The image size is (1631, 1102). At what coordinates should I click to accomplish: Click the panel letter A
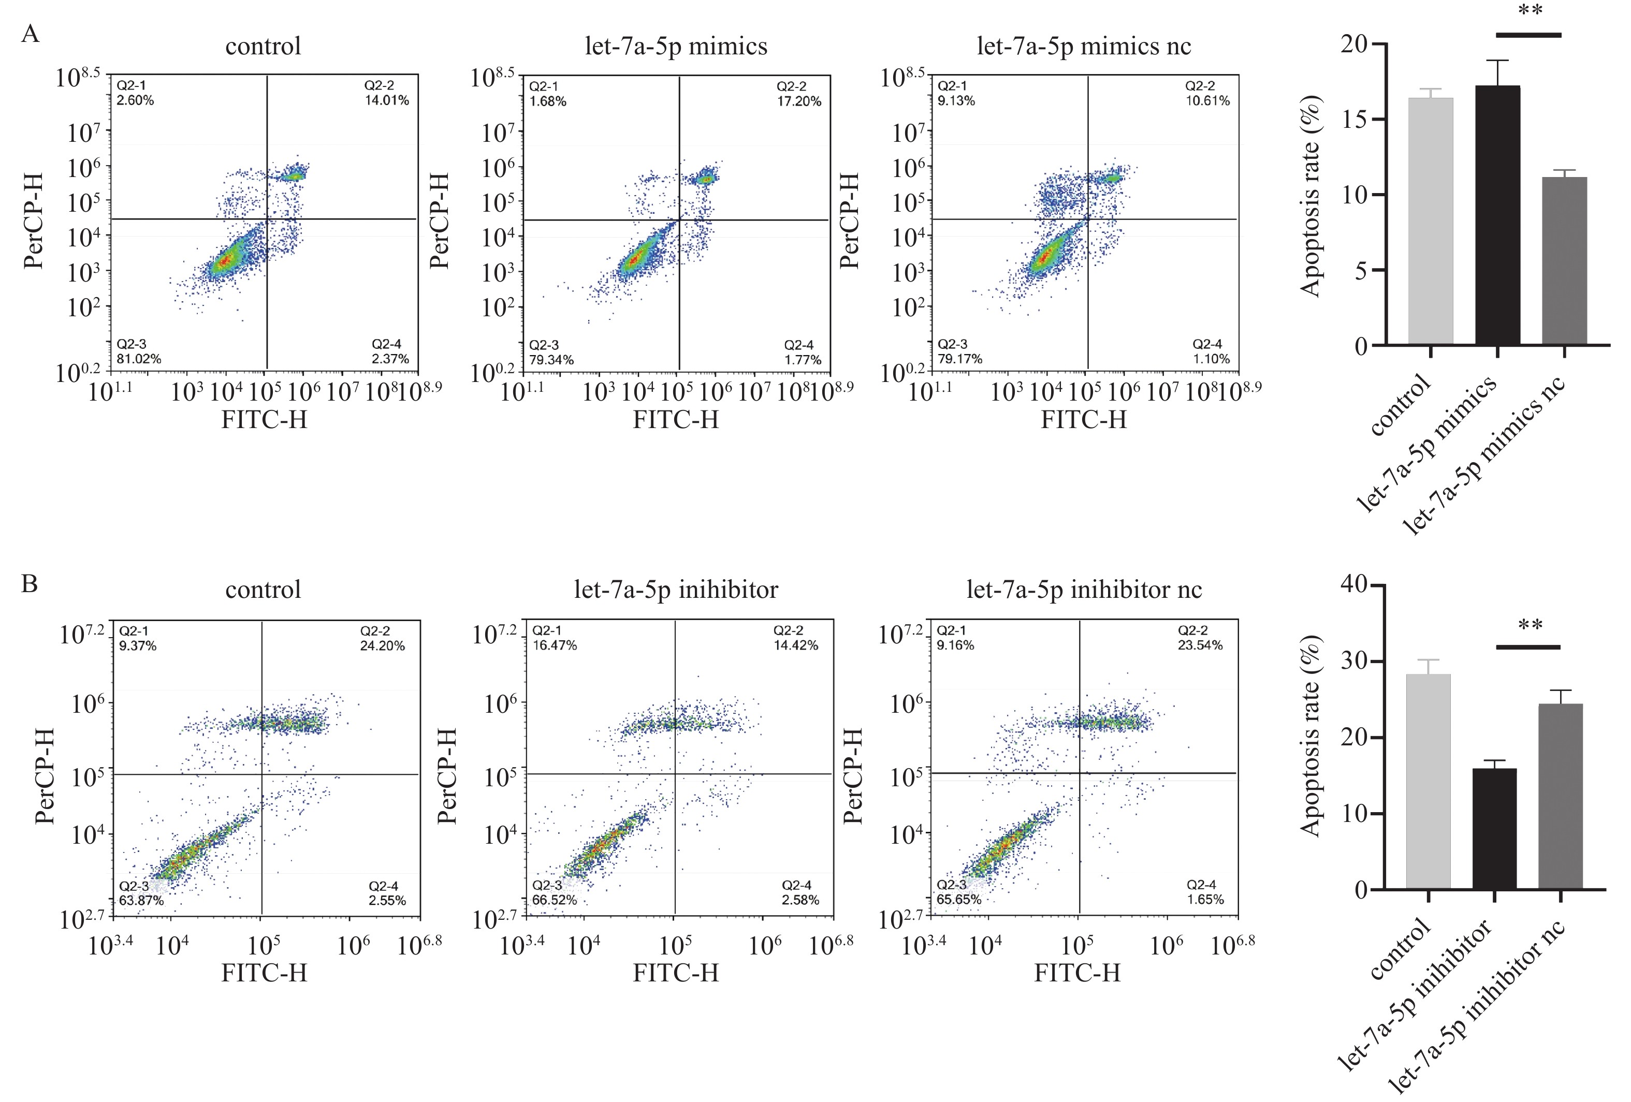point(30,34)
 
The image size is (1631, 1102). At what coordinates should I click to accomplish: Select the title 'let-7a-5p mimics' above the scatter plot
point(676,46)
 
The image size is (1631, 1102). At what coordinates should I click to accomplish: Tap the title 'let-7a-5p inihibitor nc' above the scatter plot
point(1084,590)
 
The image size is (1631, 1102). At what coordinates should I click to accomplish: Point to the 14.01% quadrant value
point(387,100)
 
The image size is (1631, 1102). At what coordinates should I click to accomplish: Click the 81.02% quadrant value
point(139,359)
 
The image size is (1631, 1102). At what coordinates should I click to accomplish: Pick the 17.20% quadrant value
point(798,101)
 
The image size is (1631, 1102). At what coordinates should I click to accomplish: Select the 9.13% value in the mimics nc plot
point(956,101)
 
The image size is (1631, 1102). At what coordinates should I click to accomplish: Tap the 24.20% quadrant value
point(383,646)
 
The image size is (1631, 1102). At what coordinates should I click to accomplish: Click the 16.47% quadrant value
point(555,645)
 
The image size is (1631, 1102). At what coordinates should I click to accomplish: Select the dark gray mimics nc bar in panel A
point(1564,261)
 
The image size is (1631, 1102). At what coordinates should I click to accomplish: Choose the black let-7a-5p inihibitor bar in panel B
point(1495,829)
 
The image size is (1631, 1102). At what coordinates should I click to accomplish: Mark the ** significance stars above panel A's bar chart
point(1530,12)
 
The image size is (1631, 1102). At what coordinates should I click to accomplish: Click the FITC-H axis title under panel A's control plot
point(264,419)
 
